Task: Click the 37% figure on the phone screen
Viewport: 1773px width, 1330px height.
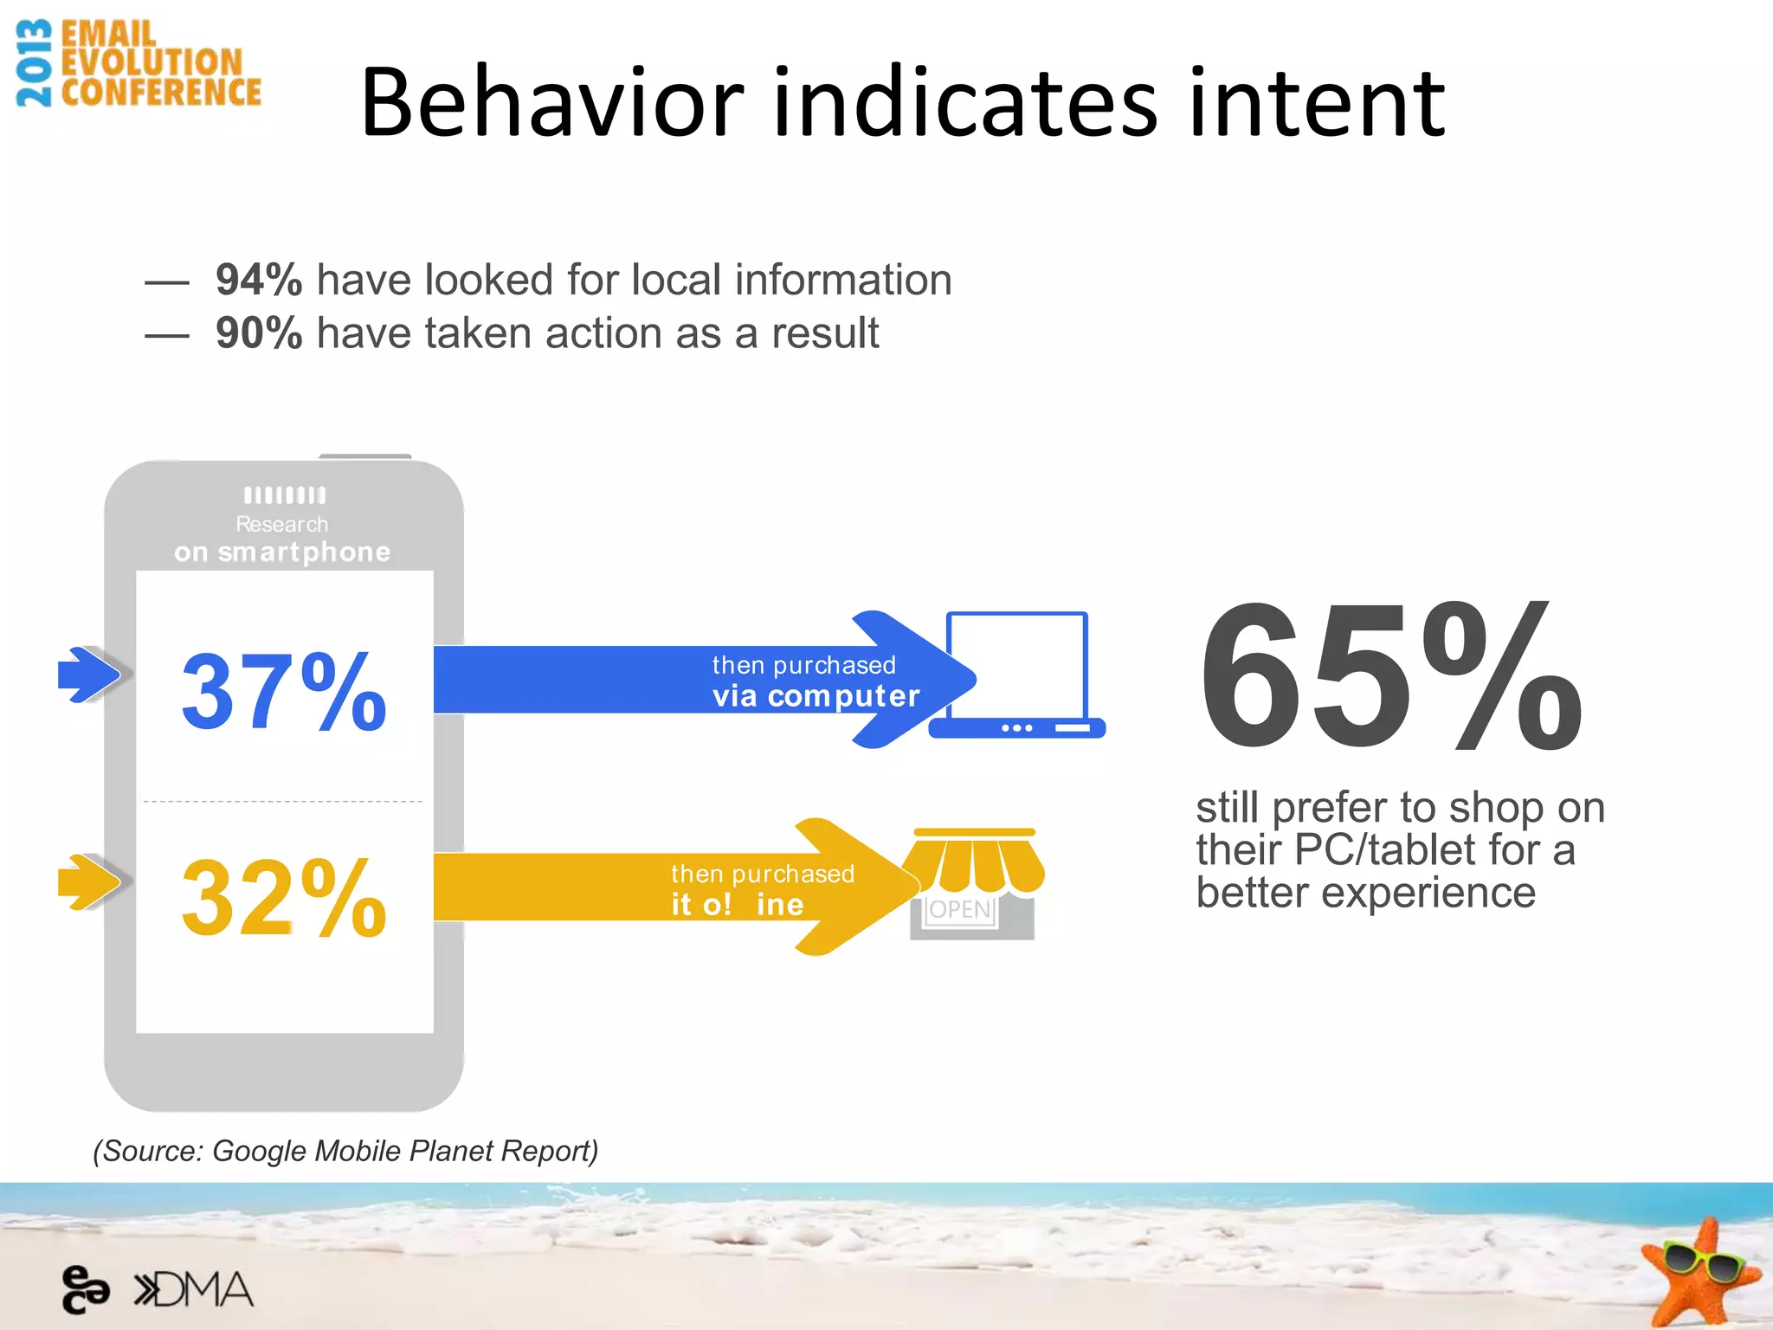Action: point(284,691)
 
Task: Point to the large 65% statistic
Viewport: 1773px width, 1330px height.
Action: point(1390,677)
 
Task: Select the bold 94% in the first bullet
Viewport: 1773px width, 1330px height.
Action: point(259,280)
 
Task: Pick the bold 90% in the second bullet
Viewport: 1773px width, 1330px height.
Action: point(259,333)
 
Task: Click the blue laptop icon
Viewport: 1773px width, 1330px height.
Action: point(1016,675)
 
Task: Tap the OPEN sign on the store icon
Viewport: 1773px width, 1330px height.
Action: point(959,909)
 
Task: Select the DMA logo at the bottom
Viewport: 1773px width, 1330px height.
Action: point(194,1290)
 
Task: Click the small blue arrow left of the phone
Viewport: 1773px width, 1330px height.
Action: point(88,674)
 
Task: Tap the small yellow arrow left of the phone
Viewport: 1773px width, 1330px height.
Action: point(88,882)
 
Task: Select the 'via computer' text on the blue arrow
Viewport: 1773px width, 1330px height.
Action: point(816,696)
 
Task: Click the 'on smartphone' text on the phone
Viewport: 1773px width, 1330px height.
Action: point(282,552)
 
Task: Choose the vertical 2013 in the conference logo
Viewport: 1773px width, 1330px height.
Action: point(35,63)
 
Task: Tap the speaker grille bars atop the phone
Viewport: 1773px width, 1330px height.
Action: point(285,495)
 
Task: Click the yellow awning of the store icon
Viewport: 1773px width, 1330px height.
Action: point(974,862)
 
